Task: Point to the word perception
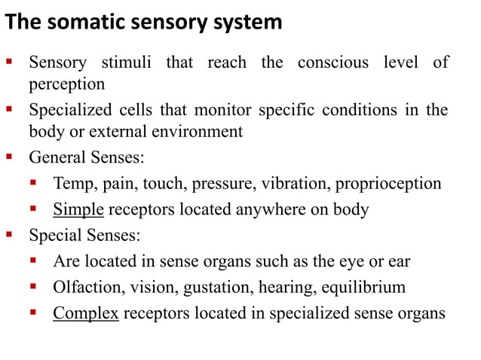click(66, 83)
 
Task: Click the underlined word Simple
click(78, 209)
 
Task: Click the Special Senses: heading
click(84, 235)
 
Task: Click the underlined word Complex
click(86, 312)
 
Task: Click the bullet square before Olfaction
click(34, 285)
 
